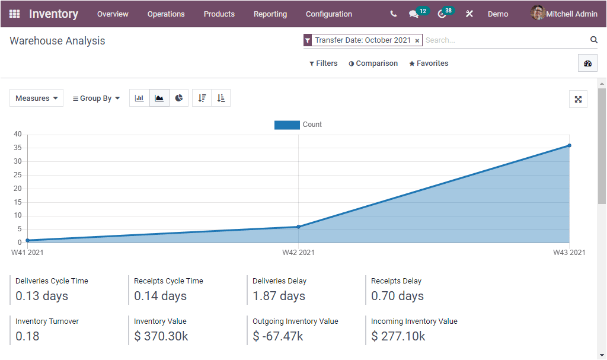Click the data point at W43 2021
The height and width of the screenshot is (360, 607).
569,145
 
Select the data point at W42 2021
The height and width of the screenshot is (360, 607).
298,227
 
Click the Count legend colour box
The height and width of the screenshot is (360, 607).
287,125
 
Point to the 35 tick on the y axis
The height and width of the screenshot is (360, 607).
18,148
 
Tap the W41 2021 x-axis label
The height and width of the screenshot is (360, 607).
27,253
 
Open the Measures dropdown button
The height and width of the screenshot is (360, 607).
37,98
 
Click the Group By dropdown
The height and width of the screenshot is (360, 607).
96,98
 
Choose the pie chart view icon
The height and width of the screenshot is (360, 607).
179,98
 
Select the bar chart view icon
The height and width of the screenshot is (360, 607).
139,98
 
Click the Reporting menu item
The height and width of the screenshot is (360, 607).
270,14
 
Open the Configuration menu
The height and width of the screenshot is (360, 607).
328,14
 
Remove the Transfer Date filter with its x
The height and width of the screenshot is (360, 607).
417,41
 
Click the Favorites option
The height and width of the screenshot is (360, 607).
429,63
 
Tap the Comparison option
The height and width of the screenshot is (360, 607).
373,63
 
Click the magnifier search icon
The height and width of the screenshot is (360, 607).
593,40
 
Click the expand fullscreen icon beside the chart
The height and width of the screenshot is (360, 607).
578,99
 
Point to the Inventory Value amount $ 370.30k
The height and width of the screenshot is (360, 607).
161,336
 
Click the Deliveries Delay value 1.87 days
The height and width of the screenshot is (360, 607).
279,296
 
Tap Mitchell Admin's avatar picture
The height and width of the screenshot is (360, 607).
538,13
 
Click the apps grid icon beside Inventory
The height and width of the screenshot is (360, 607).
14,14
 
